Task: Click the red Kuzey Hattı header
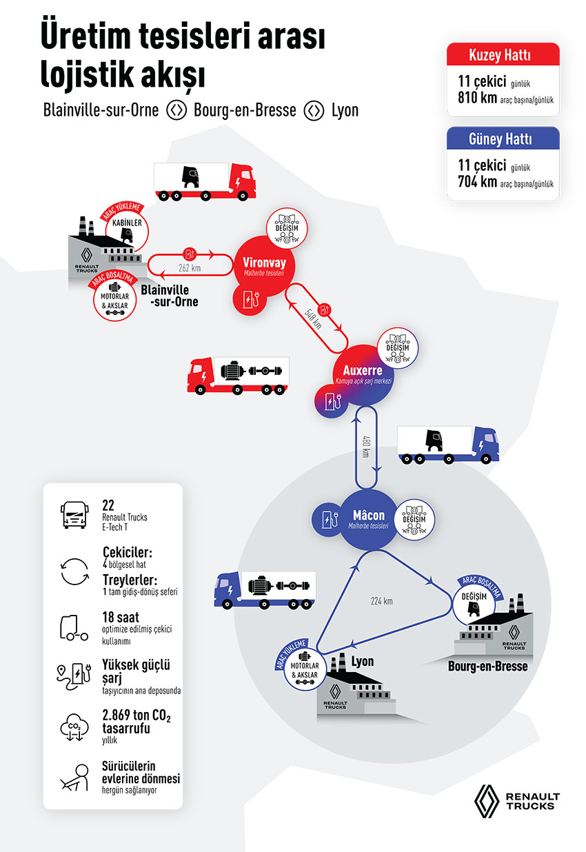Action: point(503,55)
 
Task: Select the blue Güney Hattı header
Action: point(503,139)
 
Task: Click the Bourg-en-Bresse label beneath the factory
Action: point(487,667)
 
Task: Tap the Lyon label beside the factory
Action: point(363,662)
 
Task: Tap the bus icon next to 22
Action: point(74,514)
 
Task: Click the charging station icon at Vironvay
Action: point(249,298)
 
